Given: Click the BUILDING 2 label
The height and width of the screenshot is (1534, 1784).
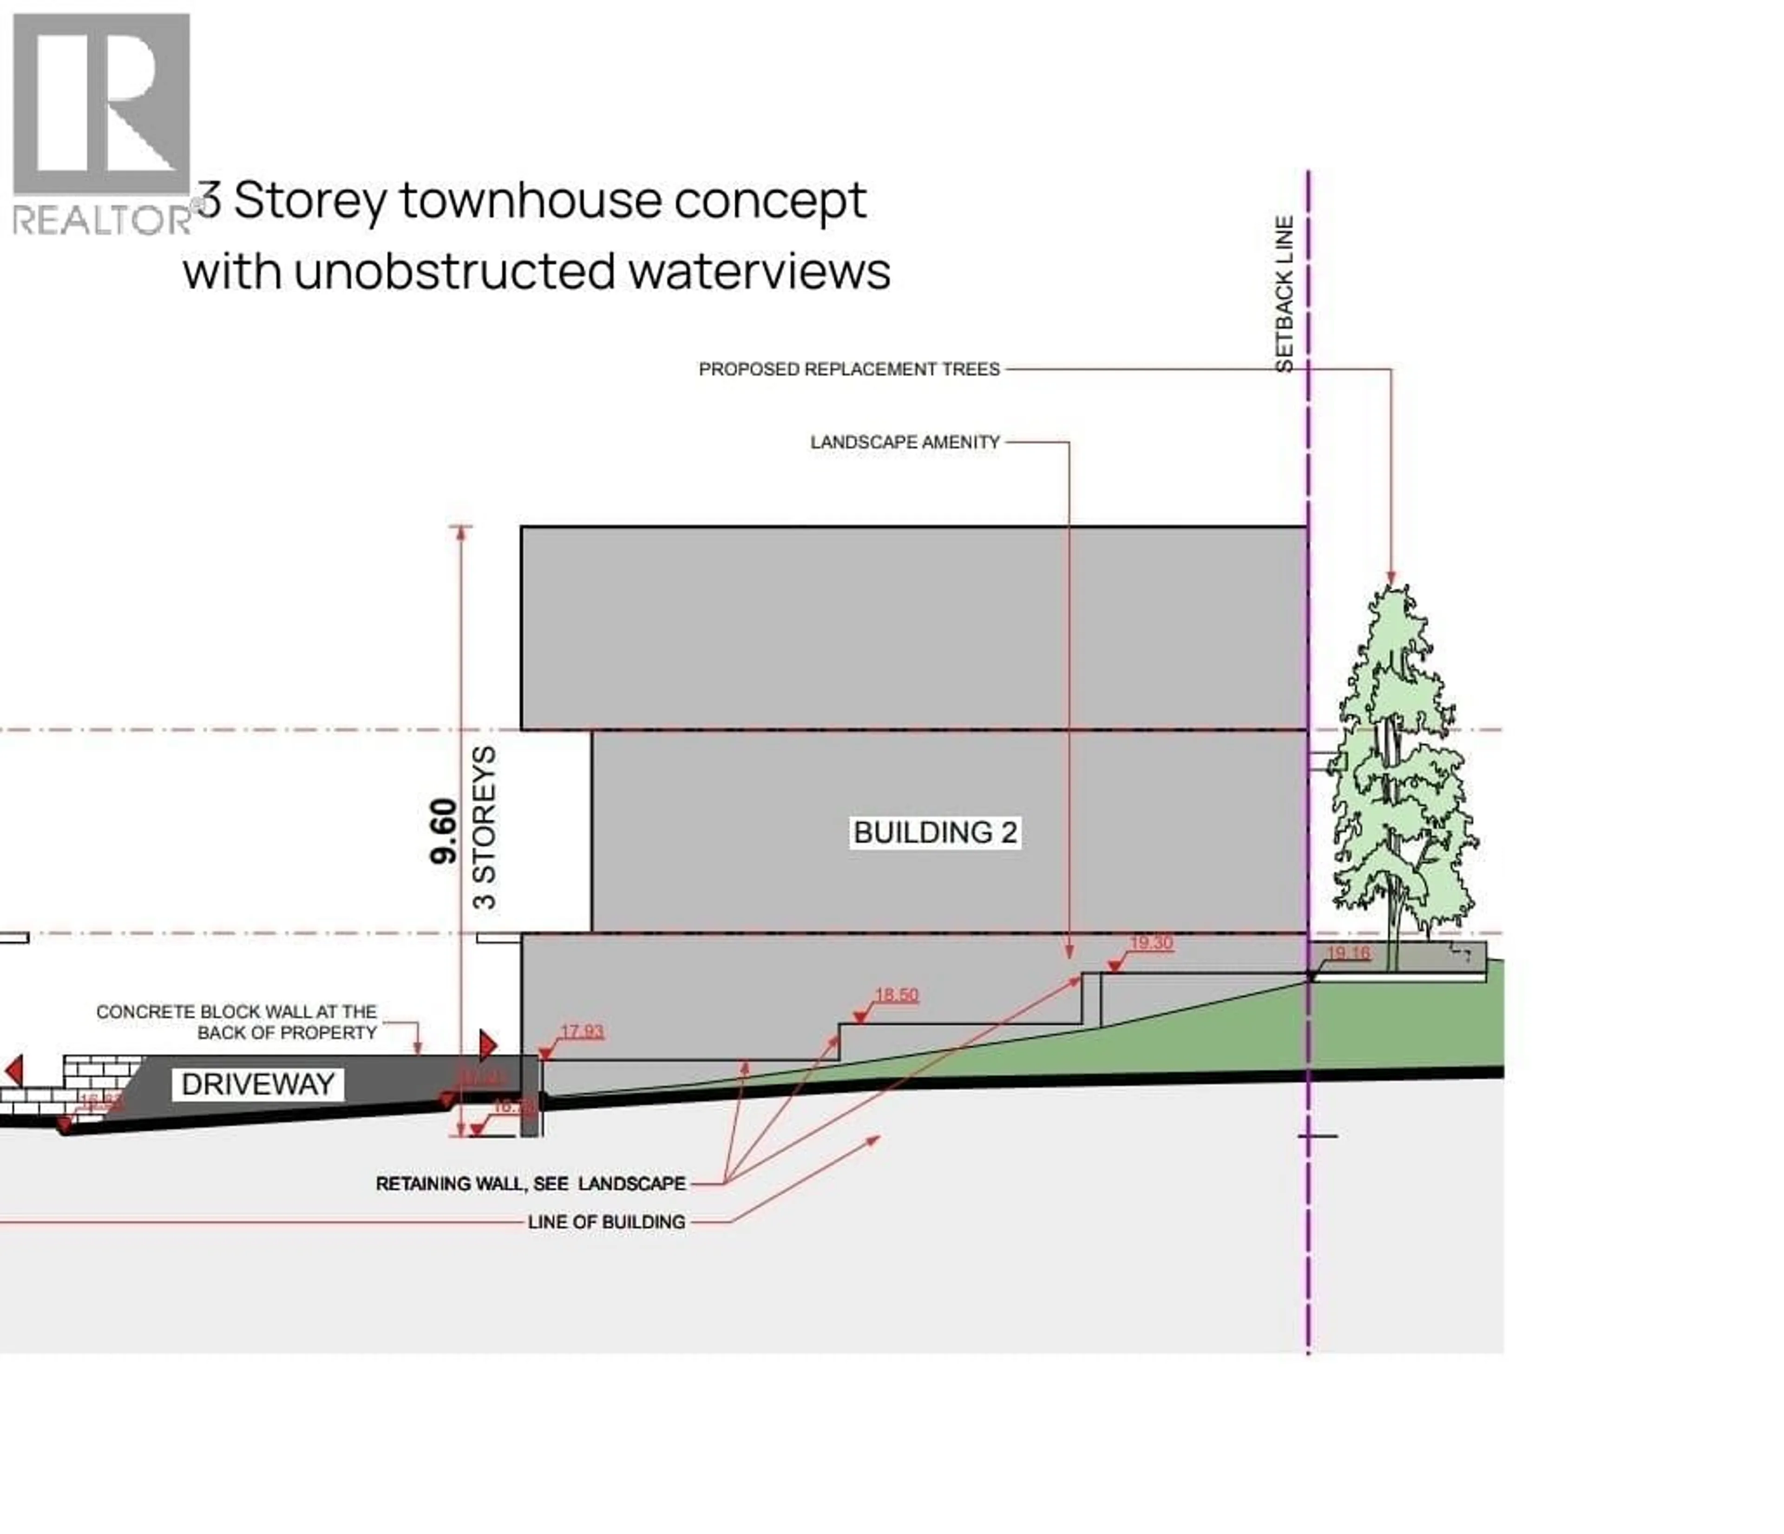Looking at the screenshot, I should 935,833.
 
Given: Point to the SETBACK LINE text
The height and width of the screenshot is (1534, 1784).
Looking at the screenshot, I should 1284,294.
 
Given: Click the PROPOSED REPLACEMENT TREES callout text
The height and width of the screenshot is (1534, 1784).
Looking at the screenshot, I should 849,369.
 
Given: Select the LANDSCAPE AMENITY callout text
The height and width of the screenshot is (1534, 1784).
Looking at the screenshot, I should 905,442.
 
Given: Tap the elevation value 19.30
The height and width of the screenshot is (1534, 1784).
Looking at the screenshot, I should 1151,943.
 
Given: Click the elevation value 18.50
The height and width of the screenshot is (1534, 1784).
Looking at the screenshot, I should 896,995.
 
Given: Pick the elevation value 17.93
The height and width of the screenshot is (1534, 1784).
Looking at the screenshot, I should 582,1031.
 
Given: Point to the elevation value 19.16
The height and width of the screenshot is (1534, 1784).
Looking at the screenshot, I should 1348,953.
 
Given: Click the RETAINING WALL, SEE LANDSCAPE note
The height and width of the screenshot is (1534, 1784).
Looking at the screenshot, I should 531,1184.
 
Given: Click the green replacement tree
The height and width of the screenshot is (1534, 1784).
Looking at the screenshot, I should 1400,775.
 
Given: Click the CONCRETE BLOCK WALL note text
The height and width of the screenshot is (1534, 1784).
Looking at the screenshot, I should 237,1022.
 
